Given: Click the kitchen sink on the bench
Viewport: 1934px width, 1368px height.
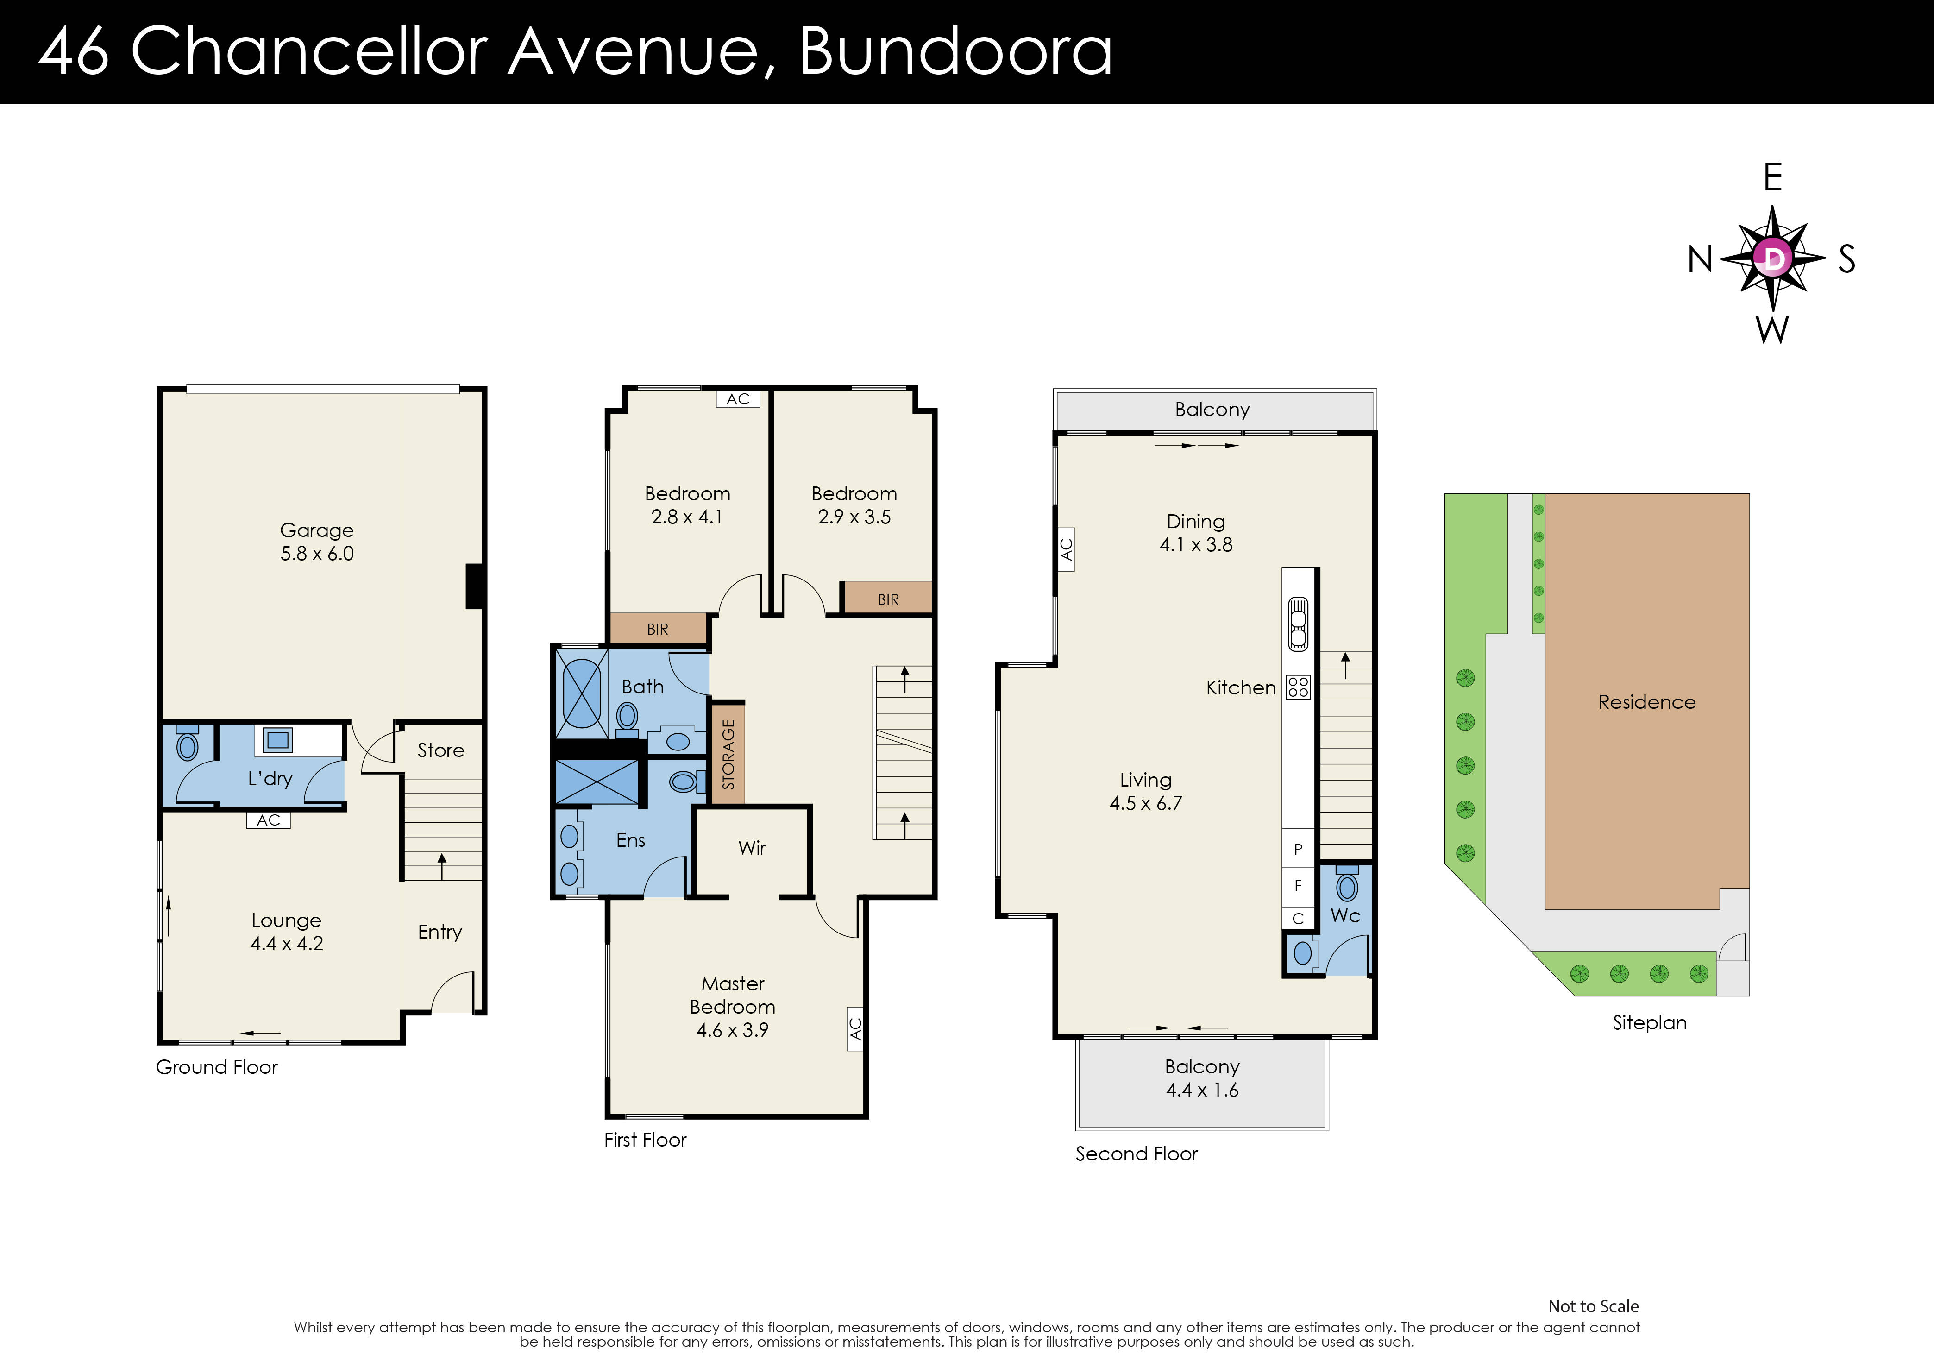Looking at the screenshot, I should (x=1298, y=624).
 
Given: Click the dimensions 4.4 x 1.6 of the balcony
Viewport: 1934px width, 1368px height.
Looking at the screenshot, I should (x=1202, y=1090).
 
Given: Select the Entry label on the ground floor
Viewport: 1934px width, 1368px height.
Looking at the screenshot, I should (x=440, y=932).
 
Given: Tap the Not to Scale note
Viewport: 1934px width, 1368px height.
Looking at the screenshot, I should (x=1593, y=1306).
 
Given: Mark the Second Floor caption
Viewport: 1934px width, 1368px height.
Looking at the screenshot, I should (x=1137, y=1154).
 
